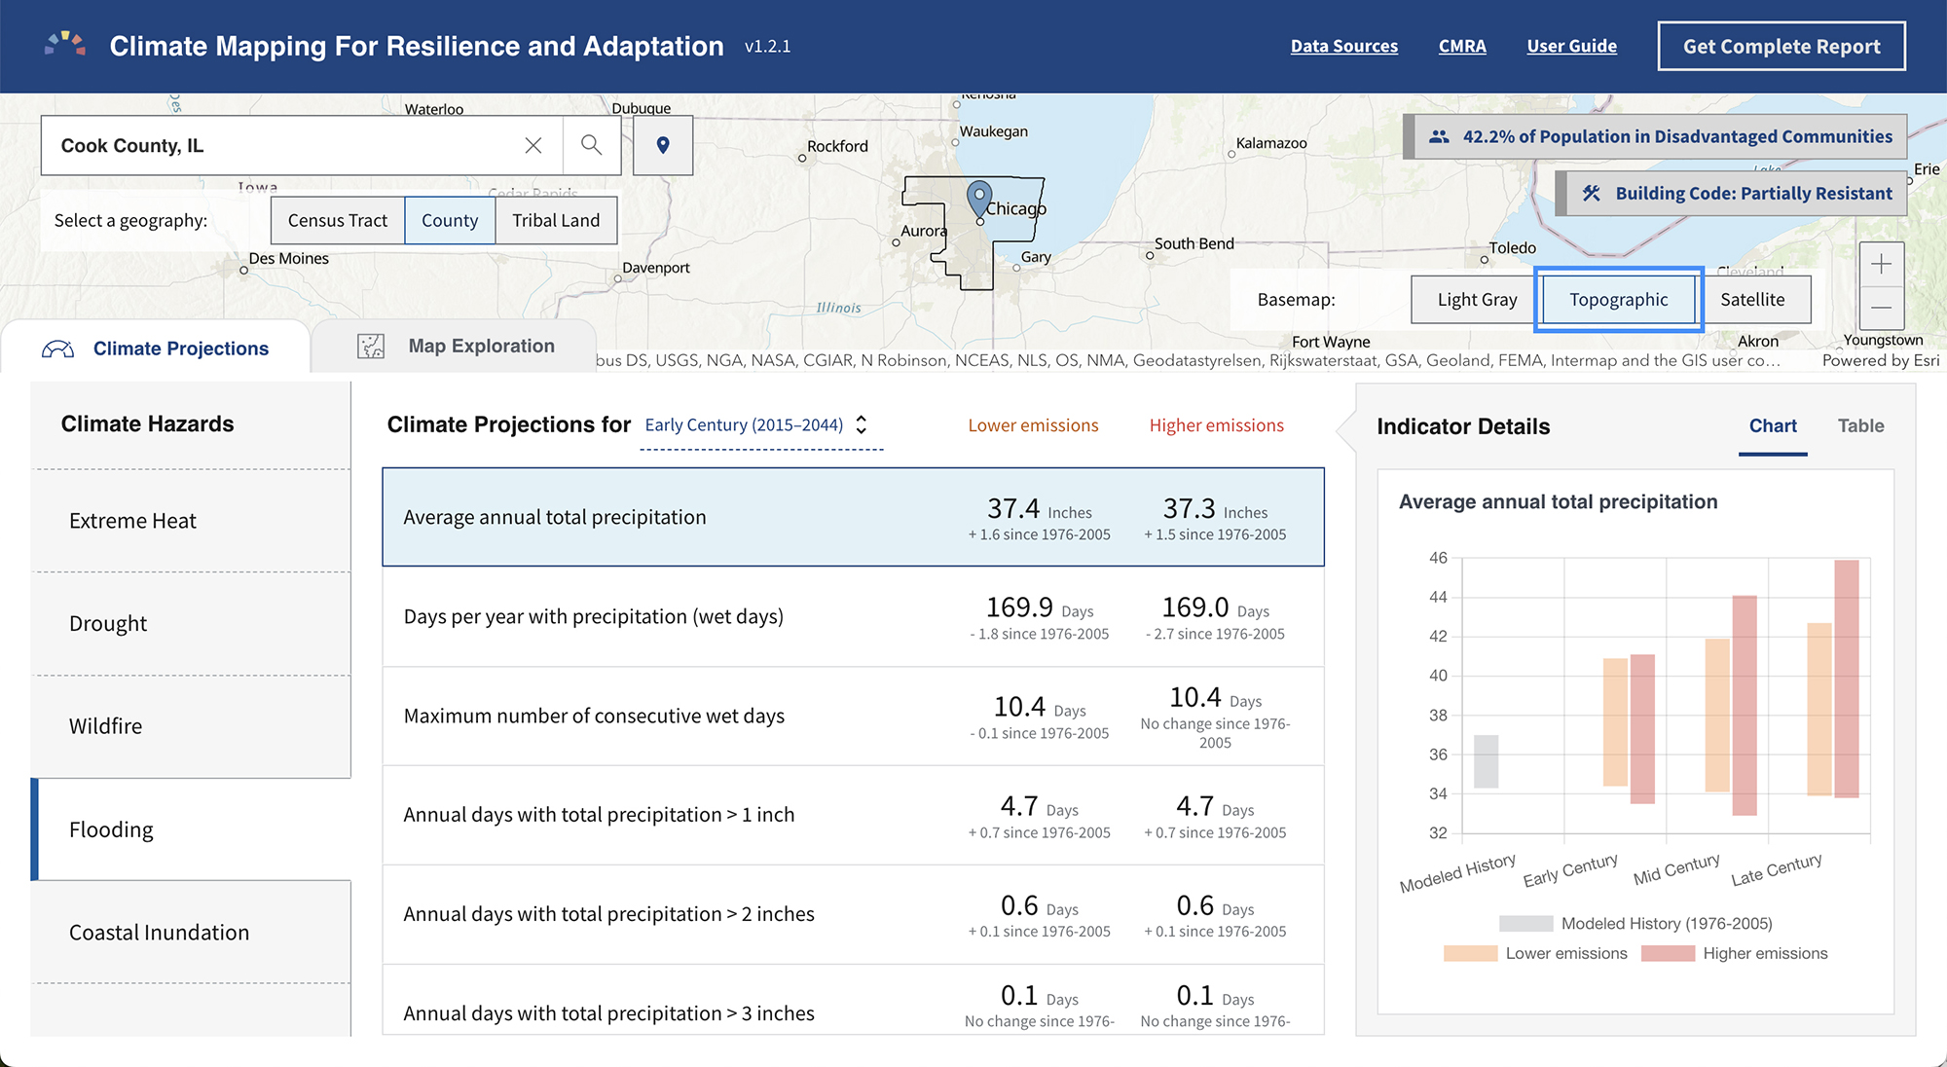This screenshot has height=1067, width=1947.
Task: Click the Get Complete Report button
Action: [1782, 47]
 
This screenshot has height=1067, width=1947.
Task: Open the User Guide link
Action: [1571, 46]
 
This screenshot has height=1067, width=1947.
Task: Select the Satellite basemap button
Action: [1752, 300]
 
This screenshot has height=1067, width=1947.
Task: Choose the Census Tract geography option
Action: [338, 220]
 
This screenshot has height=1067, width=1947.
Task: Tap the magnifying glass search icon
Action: [591, 145]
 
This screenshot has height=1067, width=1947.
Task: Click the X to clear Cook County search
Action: [533, 145]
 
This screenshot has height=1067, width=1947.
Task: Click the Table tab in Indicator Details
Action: [1860, 425]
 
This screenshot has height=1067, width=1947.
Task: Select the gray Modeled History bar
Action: [1486, 761]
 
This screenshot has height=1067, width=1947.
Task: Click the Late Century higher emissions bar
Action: [1847, 679]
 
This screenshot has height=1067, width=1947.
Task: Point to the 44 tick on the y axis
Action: [1438, 597]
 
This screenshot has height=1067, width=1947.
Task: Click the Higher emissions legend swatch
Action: [1668, 954]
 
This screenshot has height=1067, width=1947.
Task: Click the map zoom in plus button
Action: [1881, 264]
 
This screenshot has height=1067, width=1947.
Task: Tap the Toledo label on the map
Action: [1512, 248]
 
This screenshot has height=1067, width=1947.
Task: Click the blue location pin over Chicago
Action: [979, 199]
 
